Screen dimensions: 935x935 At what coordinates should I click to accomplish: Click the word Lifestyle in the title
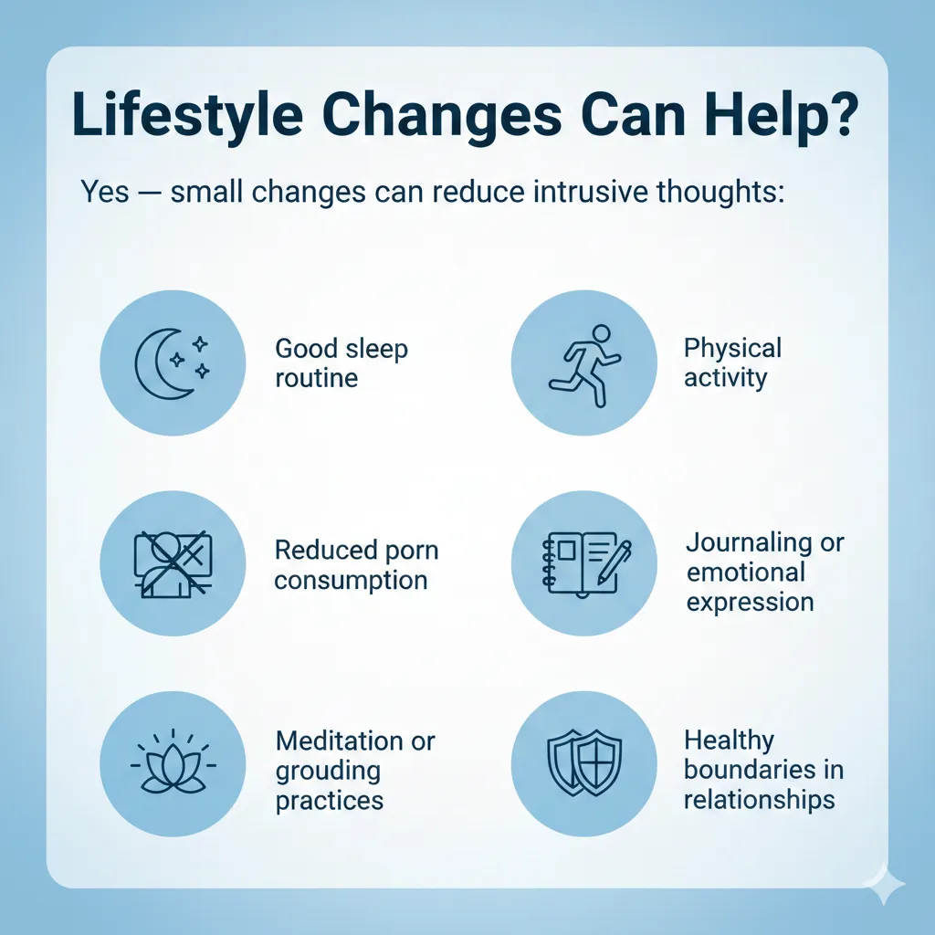[x=188, y=115]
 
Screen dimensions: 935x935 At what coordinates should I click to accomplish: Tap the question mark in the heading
[x=841, y=113]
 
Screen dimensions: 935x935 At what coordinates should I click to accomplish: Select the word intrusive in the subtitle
[x=591, y=192]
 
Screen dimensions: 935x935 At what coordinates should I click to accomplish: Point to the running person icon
[x=584, y=365]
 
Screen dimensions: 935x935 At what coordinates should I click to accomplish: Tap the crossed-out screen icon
[x=173, y=563]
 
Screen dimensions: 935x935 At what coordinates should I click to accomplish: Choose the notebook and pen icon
[x=586, y=563]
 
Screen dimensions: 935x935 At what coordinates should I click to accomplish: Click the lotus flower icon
[x=173, y=762]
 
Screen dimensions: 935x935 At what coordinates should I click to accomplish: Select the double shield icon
[x=584, y=762]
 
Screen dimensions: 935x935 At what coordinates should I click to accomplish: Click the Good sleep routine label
[x=341, y=362]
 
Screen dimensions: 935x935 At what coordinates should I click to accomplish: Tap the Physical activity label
[x=732, y=362]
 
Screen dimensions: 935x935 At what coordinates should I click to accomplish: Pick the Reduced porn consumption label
[x=356, y=564]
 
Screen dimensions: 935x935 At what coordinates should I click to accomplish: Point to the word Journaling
[x=748, y=542]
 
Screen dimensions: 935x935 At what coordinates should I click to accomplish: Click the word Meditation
[x=340, y=741]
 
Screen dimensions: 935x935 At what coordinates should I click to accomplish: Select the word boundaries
[x=750, y=769]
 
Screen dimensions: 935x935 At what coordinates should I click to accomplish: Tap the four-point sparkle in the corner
[x=885, y=886]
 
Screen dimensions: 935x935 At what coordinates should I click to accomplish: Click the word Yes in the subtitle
[x=105, y=192]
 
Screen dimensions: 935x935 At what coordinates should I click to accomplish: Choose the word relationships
[x=759, y=799]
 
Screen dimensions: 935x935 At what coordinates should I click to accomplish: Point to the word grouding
[x=328, y=772]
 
